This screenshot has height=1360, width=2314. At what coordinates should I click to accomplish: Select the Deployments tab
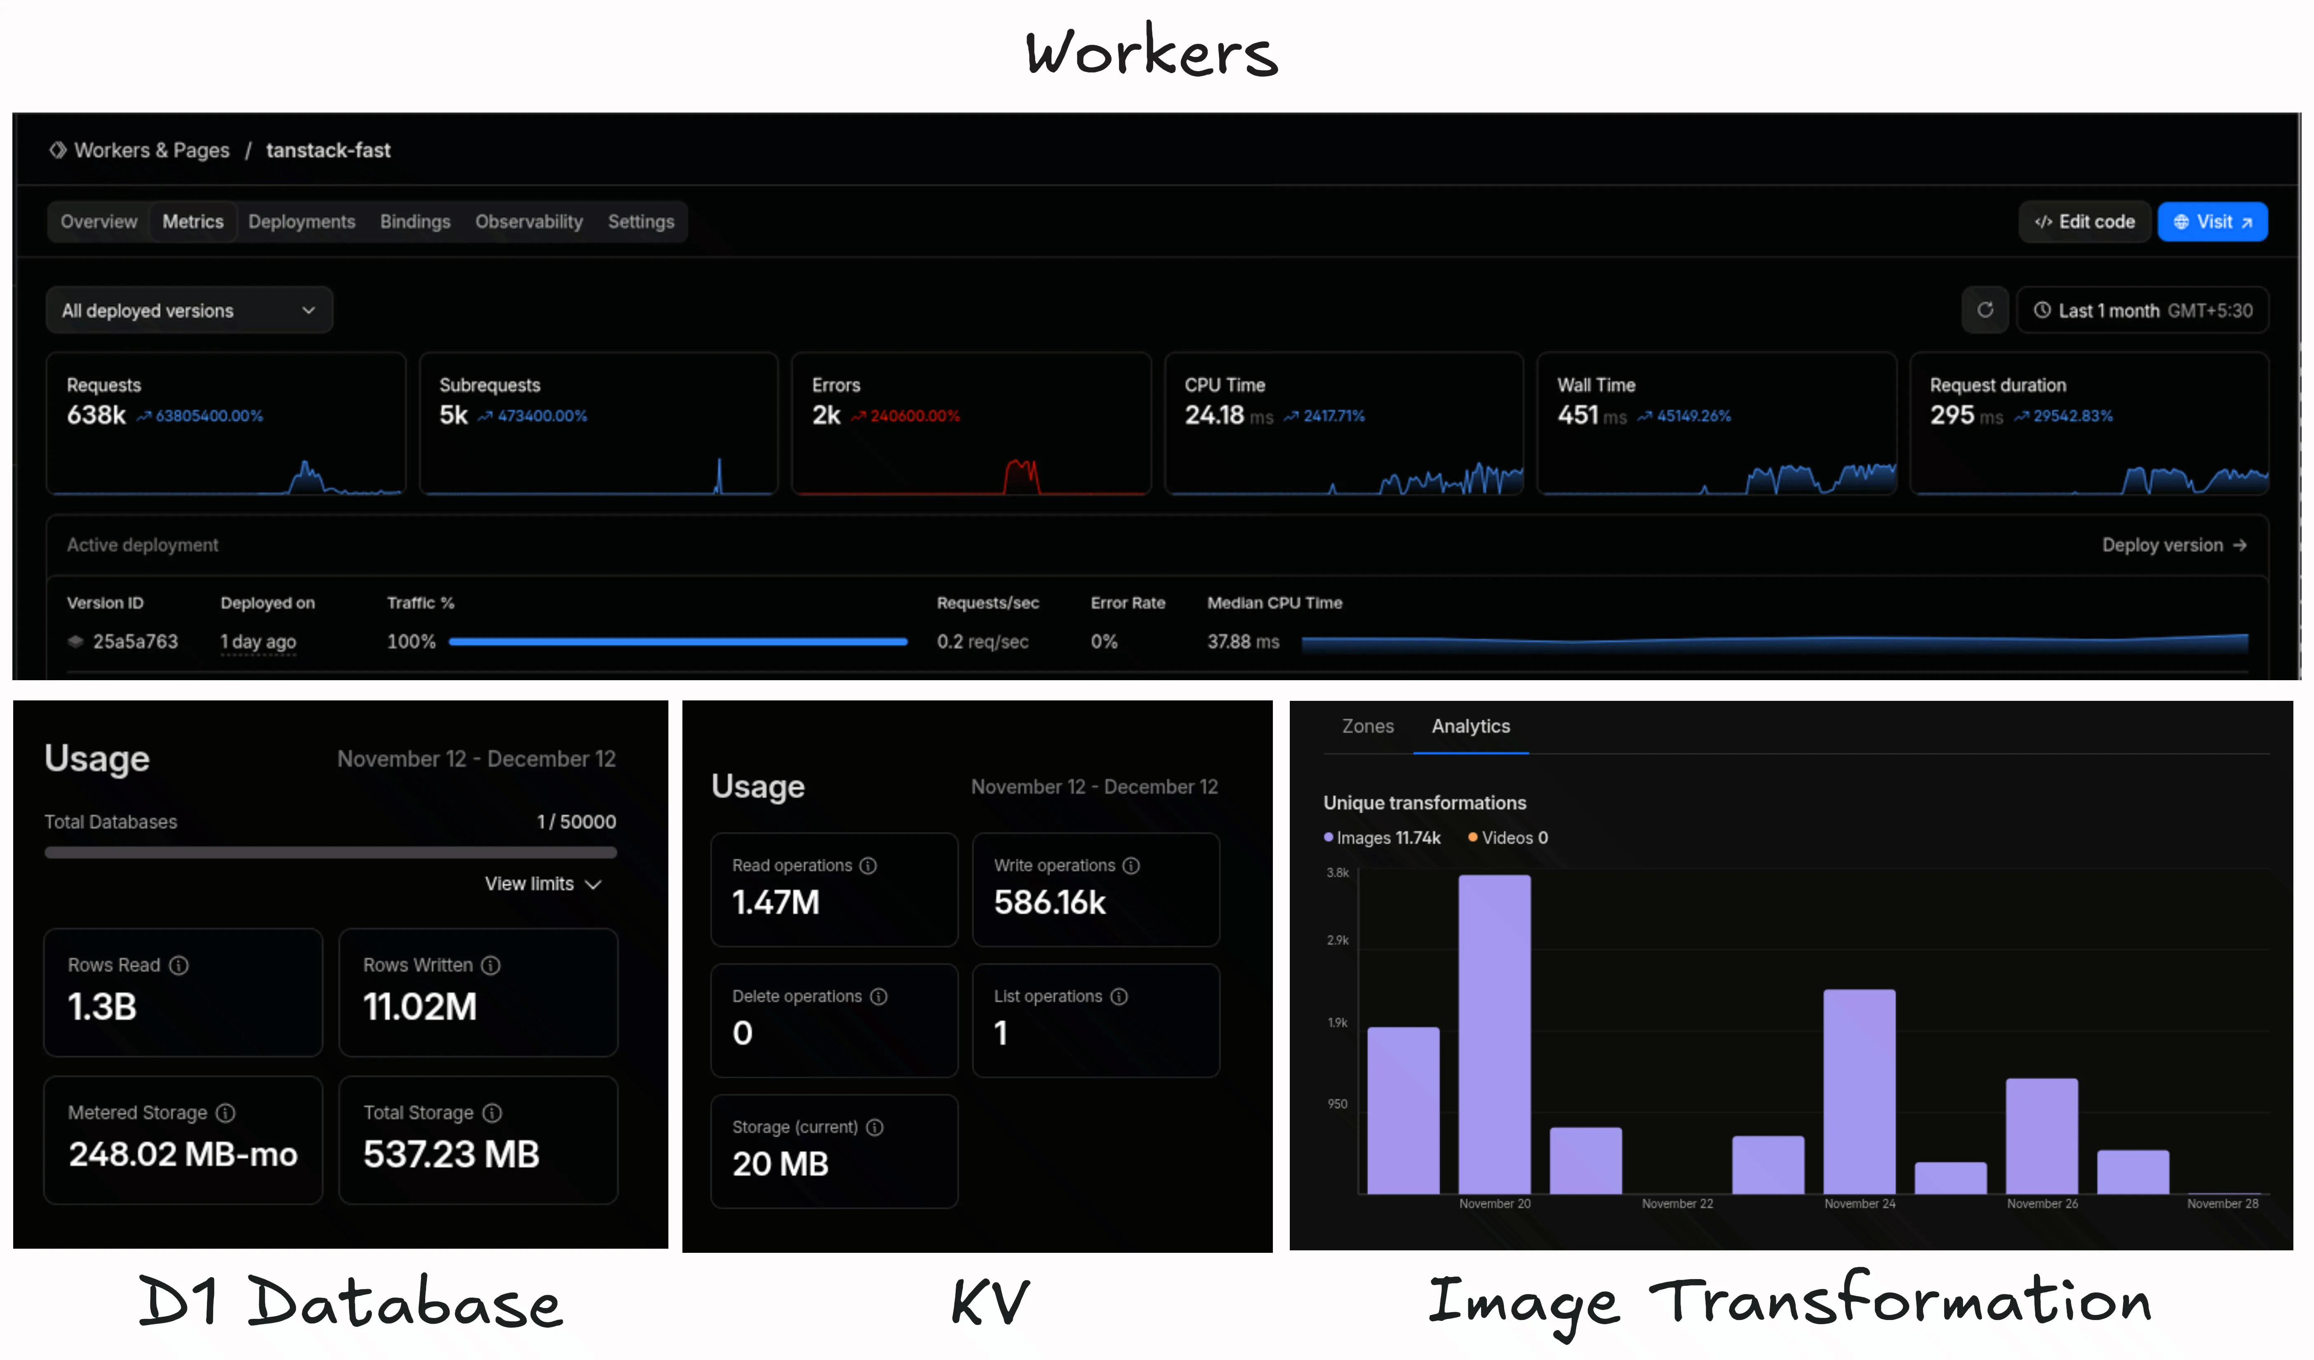pyautogui.click(x=301, y=222)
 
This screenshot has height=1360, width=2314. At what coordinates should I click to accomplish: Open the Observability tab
pyautogui.click(x=529, y=222)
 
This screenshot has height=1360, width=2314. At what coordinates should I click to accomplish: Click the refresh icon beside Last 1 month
pyautogui.click(x=1985, y=310)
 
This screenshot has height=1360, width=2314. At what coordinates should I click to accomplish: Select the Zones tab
pyautogui.click(x=1367, y=726)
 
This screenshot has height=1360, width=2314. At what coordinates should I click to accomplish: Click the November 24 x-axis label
pyautogui.click(x=1860, y=1204)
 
